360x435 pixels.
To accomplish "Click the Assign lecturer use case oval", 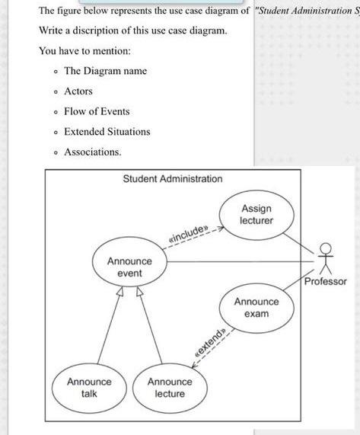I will (x=256, y=214).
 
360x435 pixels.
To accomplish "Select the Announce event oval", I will (x=129, y=267).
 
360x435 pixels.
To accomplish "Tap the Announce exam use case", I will (x=256, y=307).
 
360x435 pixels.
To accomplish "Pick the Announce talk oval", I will (x=89, y=387).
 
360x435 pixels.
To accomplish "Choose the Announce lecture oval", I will (x=169, y=387).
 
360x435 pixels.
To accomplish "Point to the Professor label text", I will (x=325, y=281).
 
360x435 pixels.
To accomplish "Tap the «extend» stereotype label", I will (x=210, y=344).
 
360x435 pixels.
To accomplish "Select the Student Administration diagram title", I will (x=173, y=179).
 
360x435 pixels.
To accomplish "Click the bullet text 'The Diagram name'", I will (x=105, y=71).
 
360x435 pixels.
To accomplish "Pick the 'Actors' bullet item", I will (x=78, y=91).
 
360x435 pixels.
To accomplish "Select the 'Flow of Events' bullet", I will (x=97, y=111).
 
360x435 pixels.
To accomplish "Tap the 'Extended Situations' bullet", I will (x=107, y=132).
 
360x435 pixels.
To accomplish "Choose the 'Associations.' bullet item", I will (x=92, y=152).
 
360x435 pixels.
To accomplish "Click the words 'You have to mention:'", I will (x=74, y=50).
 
